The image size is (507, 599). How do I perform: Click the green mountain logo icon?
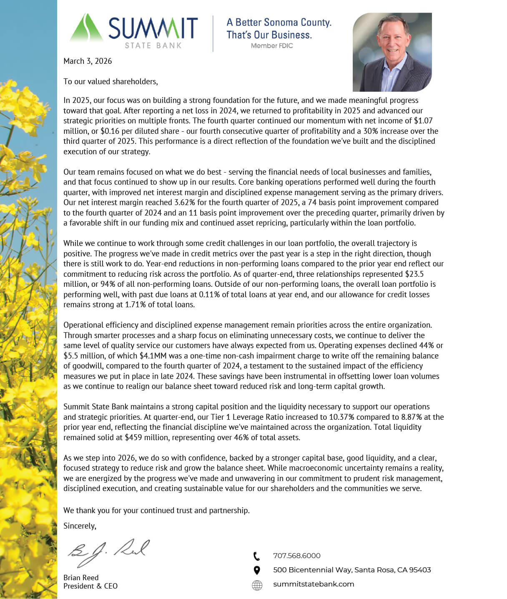click(x=86, y=28)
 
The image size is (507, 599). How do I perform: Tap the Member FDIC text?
click(x=272, y=46)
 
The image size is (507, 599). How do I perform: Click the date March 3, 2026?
click(x=88, y=61)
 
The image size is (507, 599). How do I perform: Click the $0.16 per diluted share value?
click(x=110, y=131)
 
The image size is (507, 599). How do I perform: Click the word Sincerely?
click(x=80, y=526)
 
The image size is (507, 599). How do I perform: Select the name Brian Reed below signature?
click(x=81, y=578)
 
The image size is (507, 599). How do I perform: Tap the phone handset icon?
click(x=257, y=556)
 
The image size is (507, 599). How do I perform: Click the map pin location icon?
click(x=257, y=570)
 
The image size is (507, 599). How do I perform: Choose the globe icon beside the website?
click(x=257, y=585)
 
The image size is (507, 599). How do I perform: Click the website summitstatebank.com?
click(x=314, y=584)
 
